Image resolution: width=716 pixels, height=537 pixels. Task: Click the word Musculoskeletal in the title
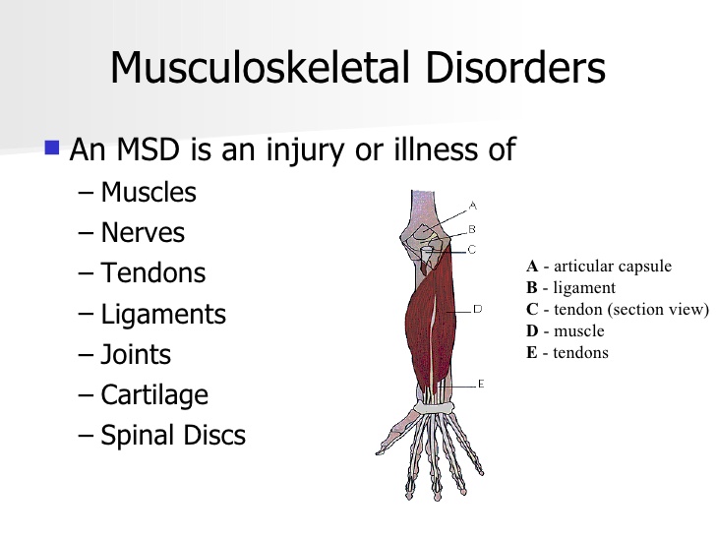click(260, 67)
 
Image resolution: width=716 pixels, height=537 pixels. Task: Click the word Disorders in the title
click(515, 67)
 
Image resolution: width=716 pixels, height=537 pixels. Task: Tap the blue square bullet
click(52, 148)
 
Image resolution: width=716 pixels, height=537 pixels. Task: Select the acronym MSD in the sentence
click(148, 149)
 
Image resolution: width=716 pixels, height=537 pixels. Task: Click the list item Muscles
click(149, 192)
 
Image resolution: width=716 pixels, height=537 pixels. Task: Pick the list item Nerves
click(143, 232)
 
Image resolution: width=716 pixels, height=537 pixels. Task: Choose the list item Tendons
click(153, 273)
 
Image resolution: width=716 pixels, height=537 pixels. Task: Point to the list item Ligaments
click(163, 315)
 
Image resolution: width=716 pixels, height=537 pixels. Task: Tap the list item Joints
click(136, 355)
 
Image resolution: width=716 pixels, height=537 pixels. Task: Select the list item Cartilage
click(154, 395)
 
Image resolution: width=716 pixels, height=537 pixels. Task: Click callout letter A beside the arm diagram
click(473, 206)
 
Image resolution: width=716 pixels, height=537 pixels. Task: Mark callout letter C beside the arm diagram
click(472, 250)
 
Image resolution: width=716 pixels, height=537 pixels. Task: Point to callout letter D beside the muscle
click(477, 309)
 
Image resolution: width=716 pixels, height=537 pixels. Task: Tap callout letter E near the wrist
click(480, 384)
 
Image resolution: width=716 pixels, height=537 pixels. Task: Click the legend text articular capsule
click(613, 267)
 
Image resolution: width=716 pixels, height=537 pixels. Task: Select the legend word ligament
click(584, 287)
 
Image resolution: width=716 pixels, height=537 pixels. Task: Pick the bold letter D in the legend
click(532, 330)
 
